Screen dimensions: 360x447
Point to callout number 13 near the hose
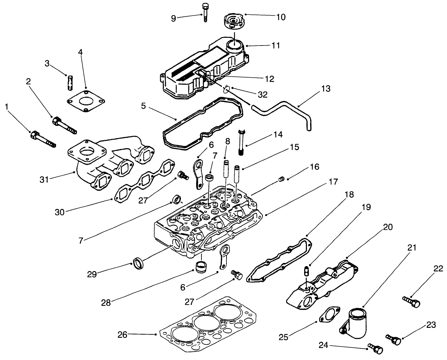(326, 89)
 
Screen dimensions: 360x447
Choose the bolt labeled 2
(64, 125)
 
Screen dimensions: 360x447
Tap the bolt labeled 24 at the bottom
(375, 348)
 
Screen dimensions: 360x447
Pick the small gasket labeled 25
(328, 314)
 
